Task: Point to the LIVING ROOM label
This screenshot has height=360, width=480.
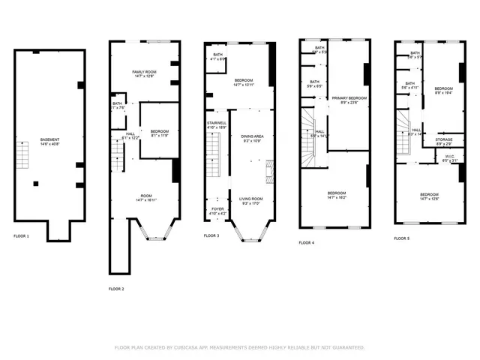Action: pyautogui.click(x=251, y=200)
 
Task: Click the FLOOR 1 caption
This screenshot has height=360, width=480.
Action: pyautogui.click(x=22, y=236)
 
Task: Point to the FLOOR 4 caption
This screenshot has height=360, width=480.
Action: pyautogui.click(x=307, y=242)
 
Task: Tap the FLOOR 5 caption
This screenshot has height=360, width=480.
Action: pyautogui.click(x=402, y=238)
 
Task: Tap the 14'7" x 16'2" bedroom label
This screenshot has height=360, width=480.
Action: pyautogui.click(x=336, y=196)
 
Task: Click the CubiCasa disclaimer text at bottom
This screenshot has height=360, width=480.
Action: pyautogui.click(x=239, y=347)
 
